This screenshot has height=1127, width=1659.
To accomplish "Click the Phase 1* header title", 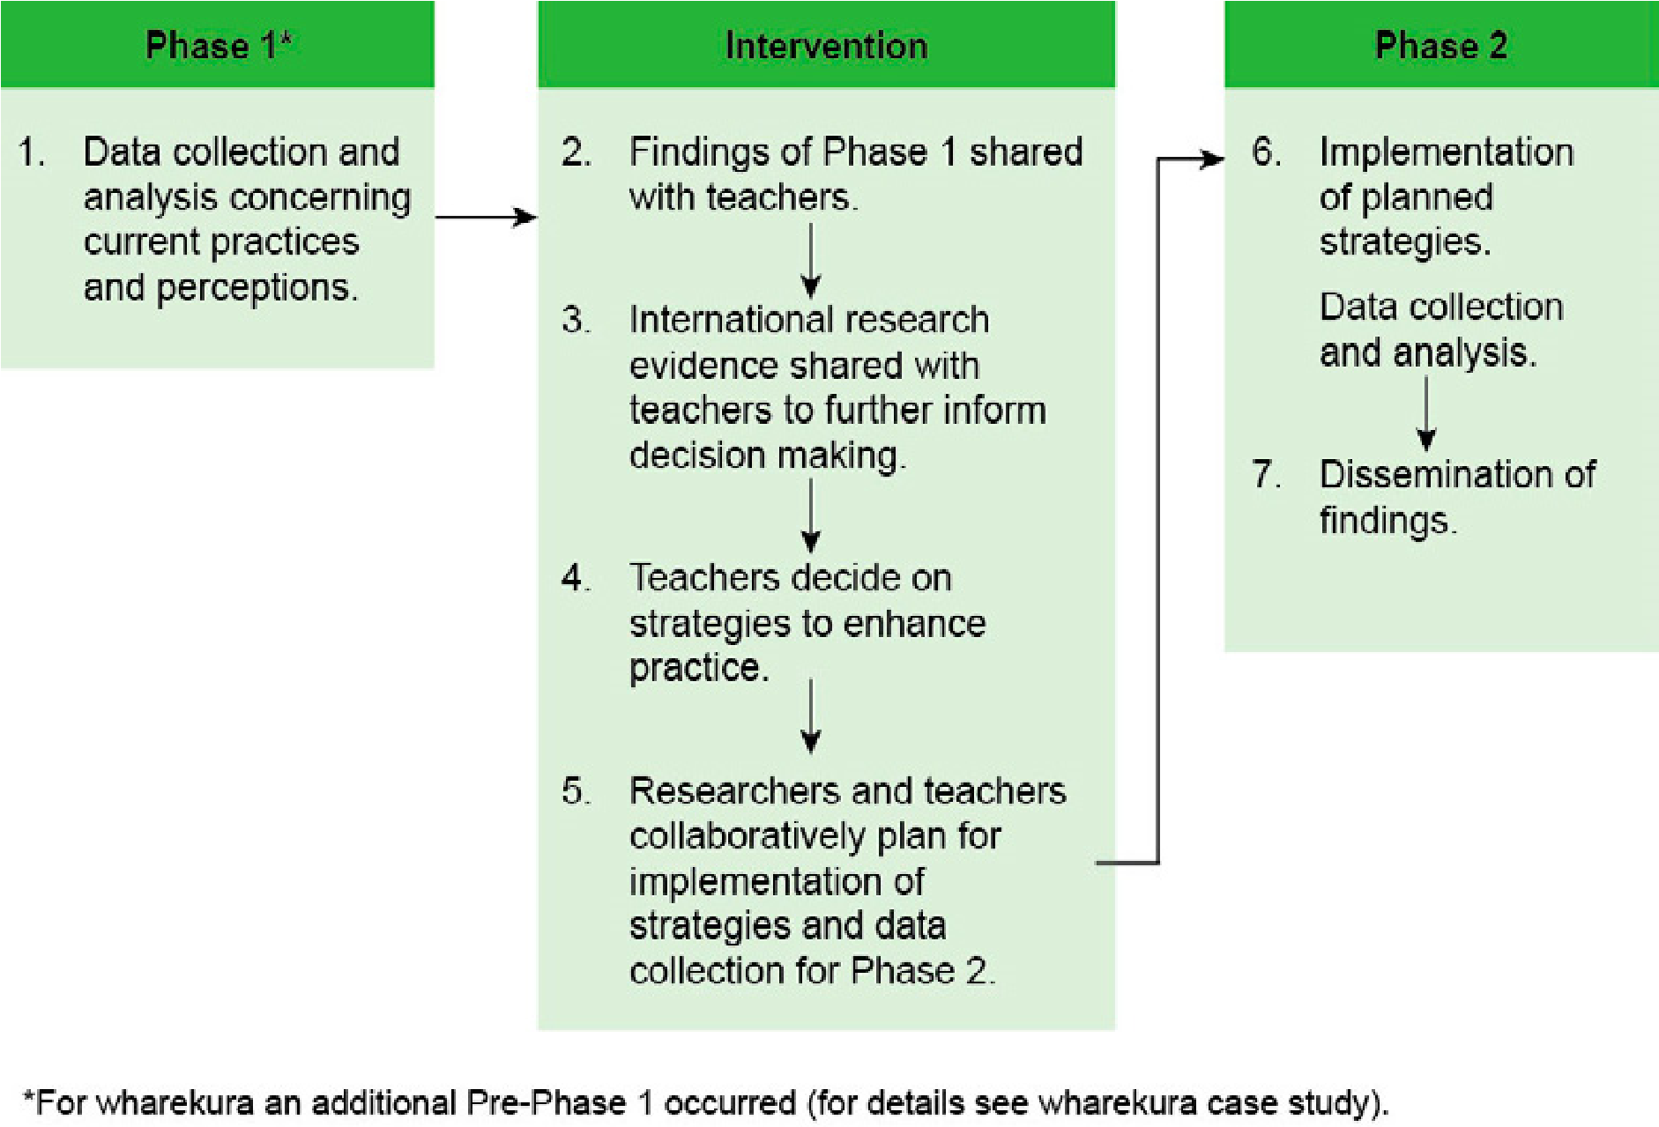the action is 218,45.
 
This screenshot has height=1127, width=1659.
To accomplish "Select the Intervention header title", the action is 826,45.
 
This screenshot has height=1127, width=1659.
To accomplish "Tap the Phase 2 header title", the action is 1441,45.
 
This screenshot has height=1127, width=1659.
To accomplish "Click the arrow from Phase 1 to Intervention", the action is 487,217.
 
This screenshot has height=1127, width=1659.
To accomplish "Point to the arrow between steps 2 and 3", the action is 811,262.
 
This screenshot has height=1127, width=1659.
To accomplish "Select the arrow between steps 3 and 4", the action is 811,515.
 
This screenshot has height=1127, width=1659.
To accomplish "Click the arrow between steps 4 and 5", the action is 811,716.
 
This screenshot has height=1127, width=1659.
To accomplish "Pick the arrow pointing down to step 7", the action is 1426,414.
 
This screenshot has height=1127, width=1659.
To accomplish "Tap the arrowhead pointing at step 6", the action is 1214,159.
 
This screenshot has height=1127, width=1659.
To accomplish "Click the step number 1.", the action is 31,152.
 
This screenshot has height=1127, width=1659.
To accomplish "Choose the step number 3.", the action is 576,320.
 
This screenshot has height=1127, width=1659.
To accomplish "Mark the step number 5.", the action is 576,791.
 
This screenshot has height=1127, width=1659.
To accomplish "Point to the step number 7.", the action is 1265,475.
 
